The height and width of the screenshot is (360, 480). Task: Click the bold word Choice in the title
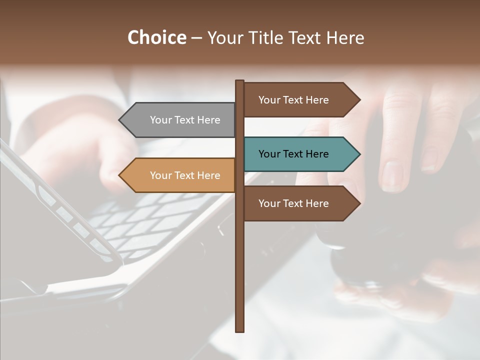pyautogui.click(x=156, y=37)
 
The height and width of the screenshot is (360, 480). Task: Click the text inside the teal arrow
pyautogui.click(x=293, y=154)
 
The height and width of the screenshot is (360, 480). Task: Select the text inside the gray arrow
pyautogui.click(x=185, y=120)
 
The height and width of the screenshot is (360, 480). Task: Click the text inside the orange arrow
pyautogui.click(x=185, y=175)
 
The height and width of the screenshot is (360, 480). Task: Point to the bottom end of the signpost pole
pyautogui.click(x=239, y=330)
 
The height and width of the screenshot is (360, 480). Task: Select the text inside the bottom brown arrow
pyautogui.click(x=293, y=203)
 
